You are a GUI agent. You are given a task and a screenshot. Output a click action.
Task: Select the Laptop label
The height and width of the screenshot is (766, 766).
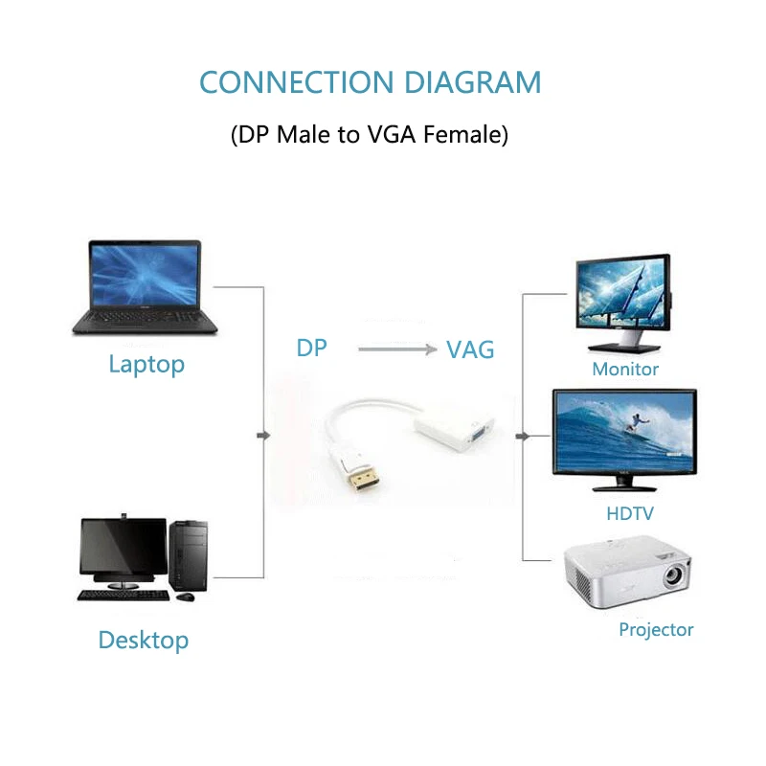[146, 364]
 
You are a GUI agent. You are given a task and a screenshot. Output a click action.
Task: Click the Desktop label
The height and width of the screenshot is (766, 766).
[144, 640]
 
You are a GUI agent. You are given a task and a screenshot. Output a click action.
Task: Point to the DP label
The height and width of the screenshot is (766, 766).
[311, 348]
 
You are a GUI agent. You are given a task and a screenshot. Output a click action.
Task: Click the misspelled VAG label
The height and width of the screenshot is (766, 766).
[470, 349]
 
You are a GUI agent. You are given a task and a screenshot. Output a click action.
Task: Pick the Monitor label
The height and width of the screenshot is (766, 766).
[625, 369]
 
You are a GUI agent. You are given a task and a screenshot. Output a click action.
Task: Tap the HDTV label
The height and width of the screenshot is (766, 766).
[630, 513]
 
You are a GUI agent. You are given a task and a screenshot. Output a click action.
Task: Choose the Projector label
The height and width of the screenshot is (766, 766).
[656, 629]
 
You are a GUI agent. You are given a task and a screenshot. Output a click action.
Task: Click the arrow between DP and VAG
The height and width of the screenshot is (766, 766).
[396, 349]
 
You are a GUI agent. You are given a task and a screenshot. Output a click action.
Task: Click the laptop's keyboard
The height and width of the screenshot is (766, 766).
[144, 316]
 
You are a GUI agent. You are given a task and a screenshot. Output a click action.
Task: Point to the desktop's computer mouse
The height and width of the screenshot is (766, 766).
[186, 597]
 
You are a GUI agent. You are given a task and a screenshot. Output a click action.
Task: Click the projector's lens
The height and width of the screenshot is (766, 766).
[673, 576]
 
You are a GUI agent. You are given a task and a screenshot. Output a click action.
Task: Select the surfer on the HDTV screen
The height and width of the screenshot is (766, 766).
[637, 421]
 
